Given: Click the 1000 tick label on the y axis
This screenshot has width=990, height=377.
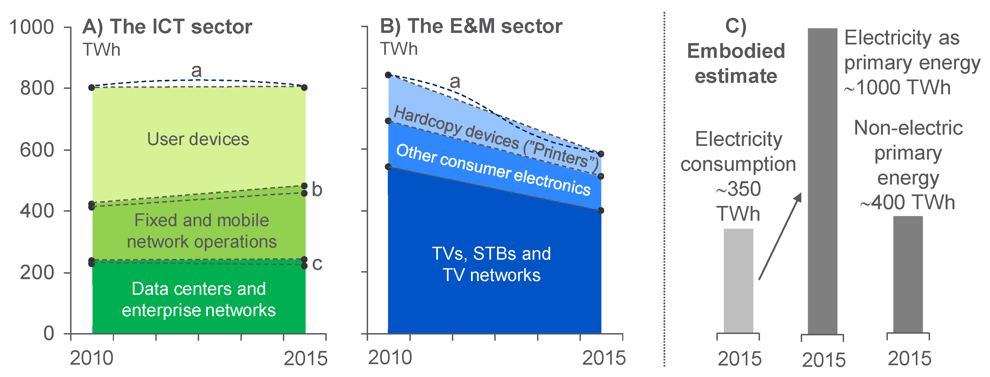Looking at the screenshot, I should tap(31, 27).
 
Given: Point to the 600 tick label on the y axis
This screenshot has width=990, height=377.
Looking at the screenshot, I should tap(37, 150).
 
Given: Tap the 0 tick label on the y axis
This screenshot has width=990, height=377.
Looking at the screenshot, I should tap(49, 333).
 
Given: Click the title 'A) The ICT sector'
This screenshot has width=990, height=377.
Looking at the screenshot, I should tap(167, 27).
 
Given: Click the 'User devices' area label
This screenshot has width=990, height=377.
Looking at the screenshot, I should tap(198, 139).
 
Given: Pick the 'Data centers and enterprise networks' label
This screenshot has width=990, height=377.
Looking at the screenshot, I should tap(199, 299).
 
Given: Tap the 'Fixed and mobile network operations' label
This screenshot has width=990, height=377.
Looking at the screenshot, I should tap(202, 231).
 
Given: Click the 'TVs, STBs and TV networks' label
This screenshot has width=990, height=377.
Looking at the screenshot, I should tap(492, 264).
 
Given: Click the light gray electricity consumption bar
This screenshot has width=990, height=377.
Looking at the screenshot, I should tap(738, 281).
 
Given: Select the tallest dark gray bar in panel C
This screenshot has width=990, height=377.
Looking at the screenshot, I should tap(822, 181).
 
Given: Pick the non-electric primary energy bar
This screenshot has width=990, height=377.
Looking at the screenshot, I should tap(908, 275).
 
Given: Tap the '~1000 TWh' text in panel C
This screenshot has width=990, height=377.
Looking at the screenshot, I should tap(897, 88).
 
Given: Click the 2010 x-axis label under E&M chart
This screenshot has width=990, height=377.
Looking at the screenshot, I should tap(390, 358).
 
